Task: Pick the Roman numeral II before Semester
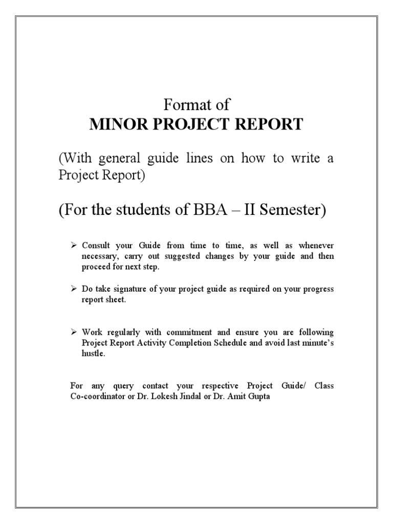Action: coord(249,210)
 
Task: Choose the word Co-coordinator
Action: coord(99,396)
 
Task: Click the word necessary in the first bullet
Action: coord(98,256)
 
